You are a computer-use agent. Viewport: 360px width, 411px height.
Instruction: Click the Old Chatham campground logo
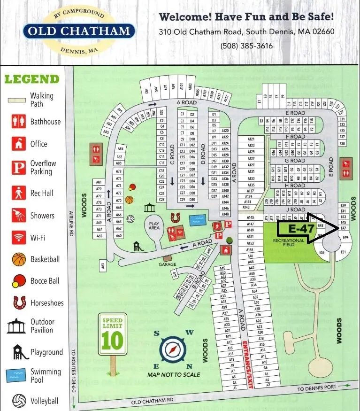pos(79,31)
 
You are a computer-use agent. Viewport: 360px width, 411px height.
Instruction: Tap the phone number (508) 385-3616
pos(246,46)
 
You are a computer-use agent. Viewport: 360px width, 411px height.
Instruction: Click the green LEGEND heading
pos(32,78)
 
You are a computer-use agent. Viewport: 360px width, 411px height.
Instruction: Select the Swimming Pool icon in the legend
pos(16,375)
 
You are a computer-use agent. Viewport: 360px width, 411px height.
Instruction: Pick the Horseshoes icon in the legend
pos(19,302)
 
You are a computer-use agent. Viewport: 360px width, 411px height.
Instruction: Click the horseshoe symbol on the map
pos(176,217)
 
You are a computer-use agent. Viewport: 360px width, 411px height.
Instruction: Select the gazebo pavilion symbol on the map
pos(150,208)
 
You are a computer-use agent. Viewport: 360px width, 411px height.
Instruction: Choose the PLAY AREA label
pos(154,225)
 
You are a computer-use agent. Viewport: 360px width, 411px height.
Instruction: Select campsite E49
pos(346,237)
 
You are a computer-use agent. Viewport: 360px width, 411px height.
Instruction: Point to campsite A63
pos(103,266)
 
